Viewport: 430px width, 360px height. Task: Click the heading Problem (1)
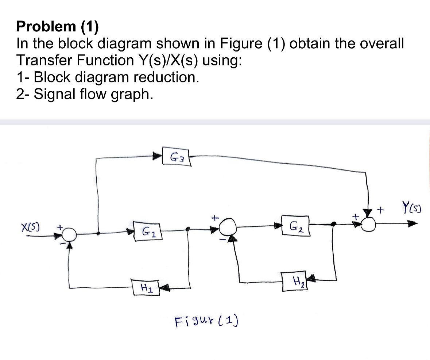coord(57,26)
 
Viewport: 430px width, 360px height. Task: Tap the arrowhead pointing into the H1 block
coord(164,288)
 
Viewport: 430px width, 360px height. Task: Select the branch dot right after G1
coord(187,229)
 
